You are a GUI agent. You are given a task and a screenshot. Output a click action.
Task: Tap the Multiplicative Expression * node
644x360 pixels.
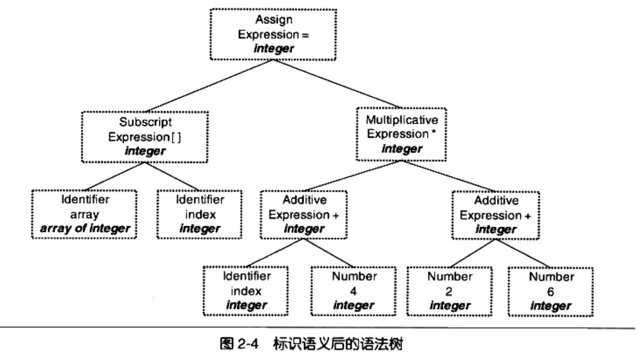click(401, 134)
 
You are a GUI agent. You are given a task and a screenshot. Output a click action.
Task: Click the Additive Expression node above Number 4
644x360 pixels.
click(304, 214)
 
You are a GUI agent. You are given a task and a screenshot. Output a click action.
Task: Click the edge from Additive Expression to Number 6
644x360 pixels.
click(522, 252)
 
